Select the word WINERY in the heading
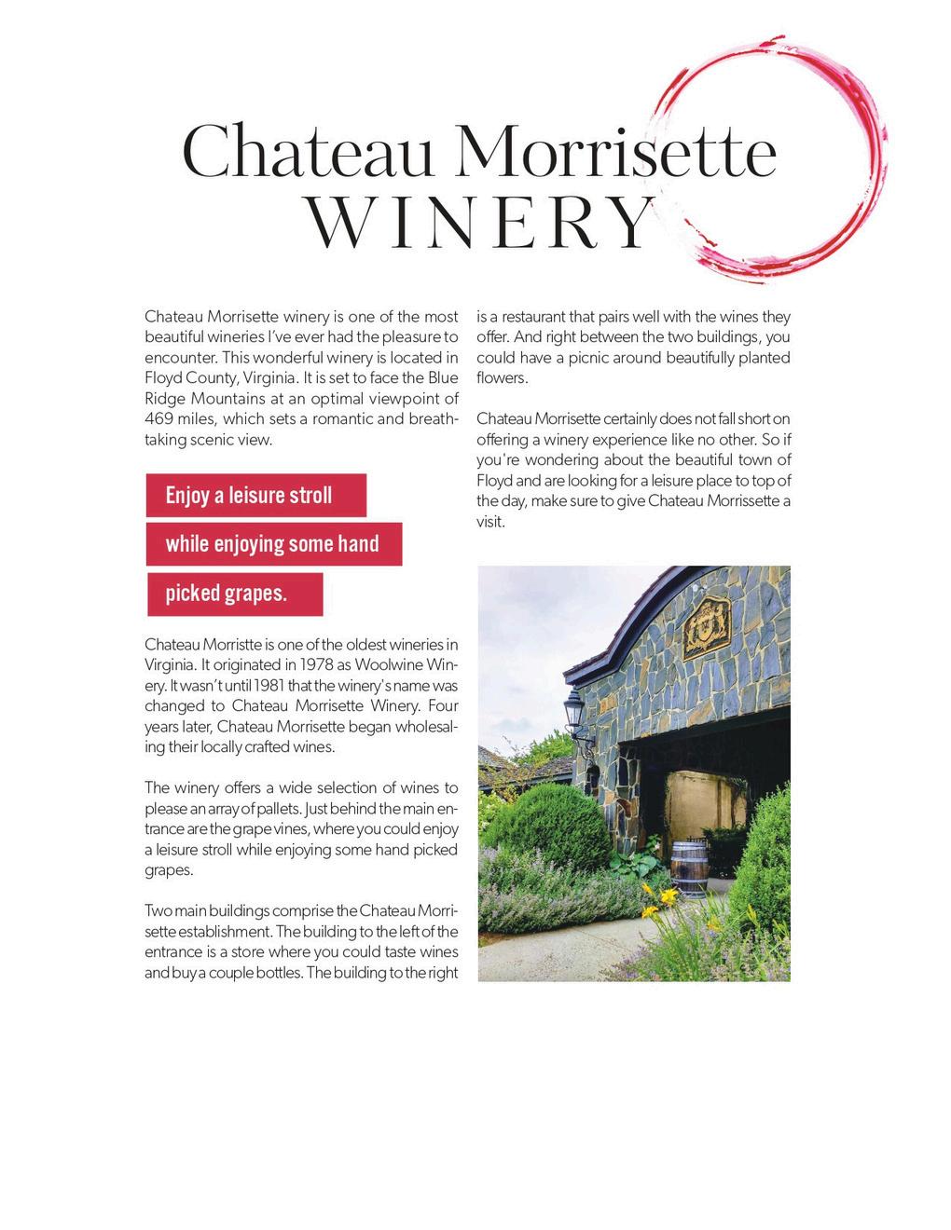click(479, 224)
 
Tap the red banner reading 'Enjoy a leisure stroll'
click(255, 495)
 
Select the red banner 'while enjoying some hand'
click(273, 544)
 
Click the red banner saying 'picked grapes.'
click(234, 594)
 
